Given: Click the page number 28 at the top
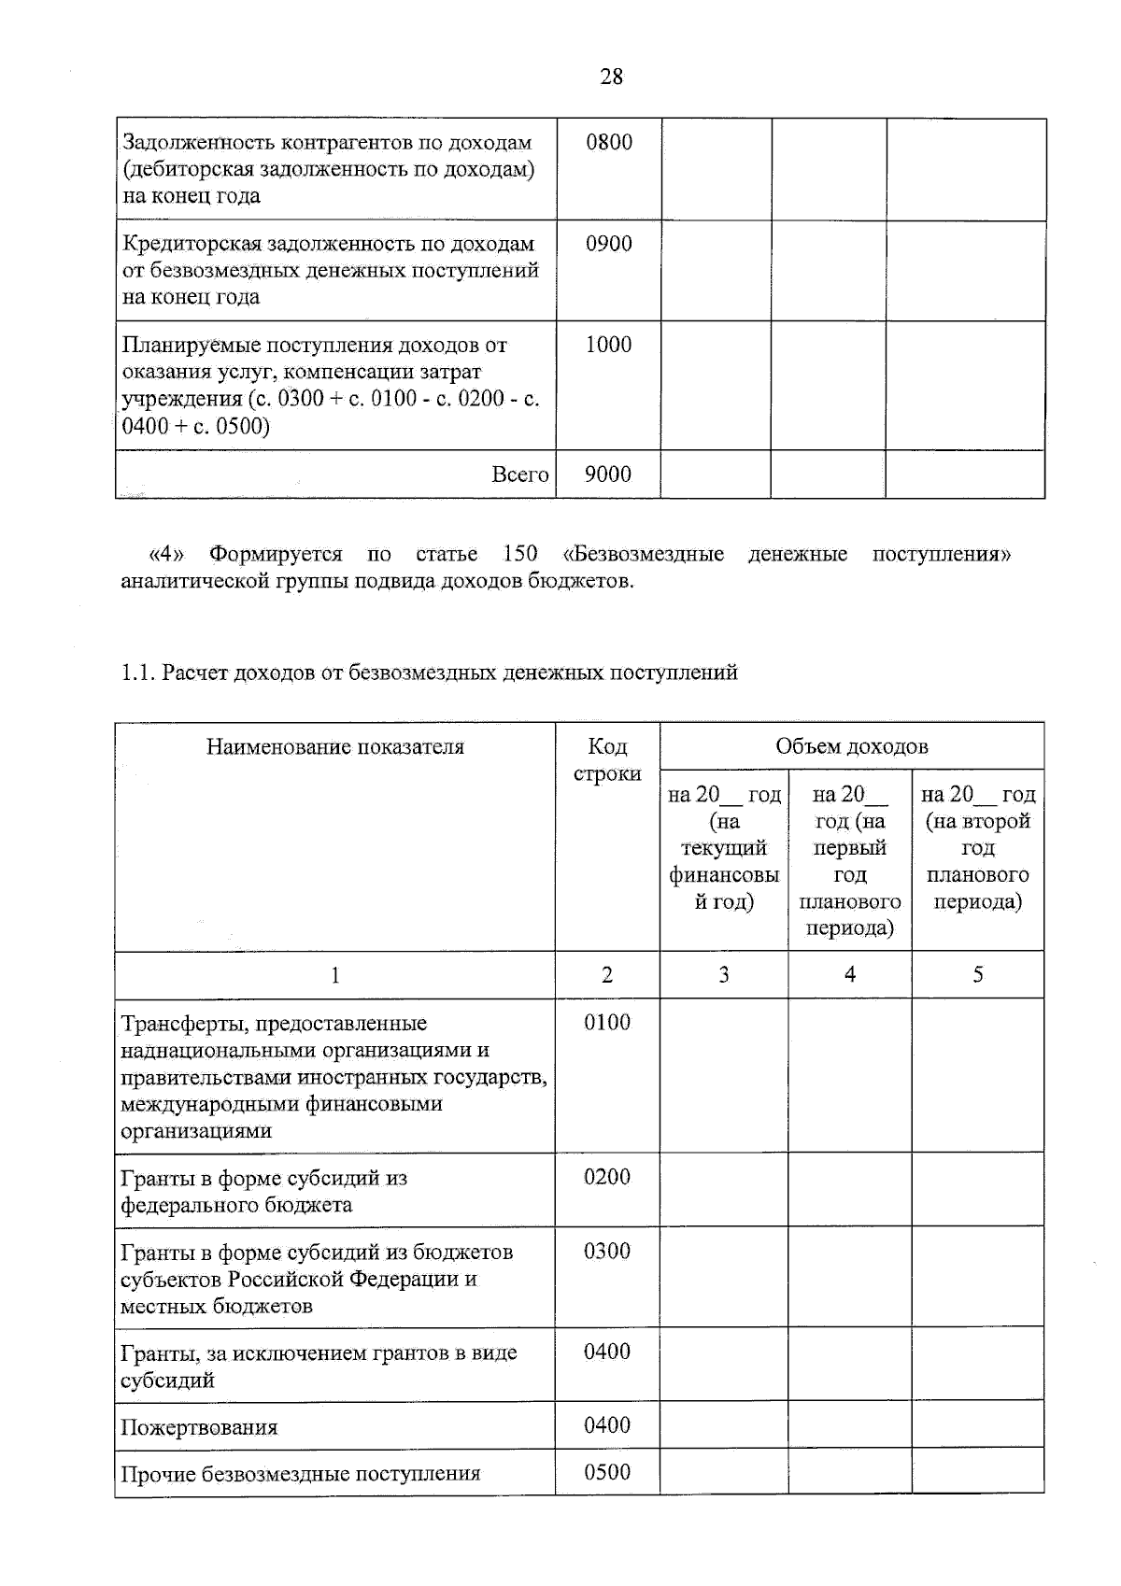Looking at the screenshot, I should pos(611,77).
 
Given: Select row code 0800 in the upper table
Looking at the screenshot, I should pos(609,142).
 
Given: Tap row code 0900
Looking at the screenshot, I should pos(609,244).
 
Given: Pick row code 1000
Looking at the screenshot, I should pos(609,345).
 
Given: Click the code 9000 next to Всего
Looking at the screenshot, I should pos(608,474).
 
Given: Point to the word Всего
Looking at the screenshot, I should pos(520,474).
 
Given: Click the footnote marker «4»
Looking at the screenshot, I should pos(167,554).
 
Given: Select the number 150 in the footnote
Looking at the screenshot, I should pos(520,554).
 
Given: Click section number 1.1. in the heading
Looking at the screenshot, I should pos(138,673).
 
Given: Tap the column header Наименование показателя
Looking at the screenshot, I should pos(335,746).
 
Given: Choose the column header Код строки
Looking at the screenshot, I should pos(607,759).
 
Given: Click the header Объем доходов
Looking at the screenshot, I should pos(851,746).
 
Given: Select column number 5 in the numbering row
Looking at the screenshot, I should pos(977,974).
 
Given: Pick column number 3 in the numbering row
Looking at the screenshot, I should pos(724,974).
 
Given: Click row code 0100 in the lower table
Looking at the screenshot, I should pos(607,1023).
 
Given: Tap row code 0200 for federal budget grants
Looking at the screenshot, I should pos(607,1177).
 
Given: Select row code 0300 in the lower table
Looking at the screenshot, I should pos(607,1251).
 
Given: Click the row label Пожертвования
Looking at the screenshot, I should pos(199,1427).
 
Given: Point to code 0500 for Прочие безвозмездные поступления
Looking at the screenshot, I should pos(607,1472).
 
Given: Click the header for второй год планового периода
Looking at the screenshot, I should pos(977,847).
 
